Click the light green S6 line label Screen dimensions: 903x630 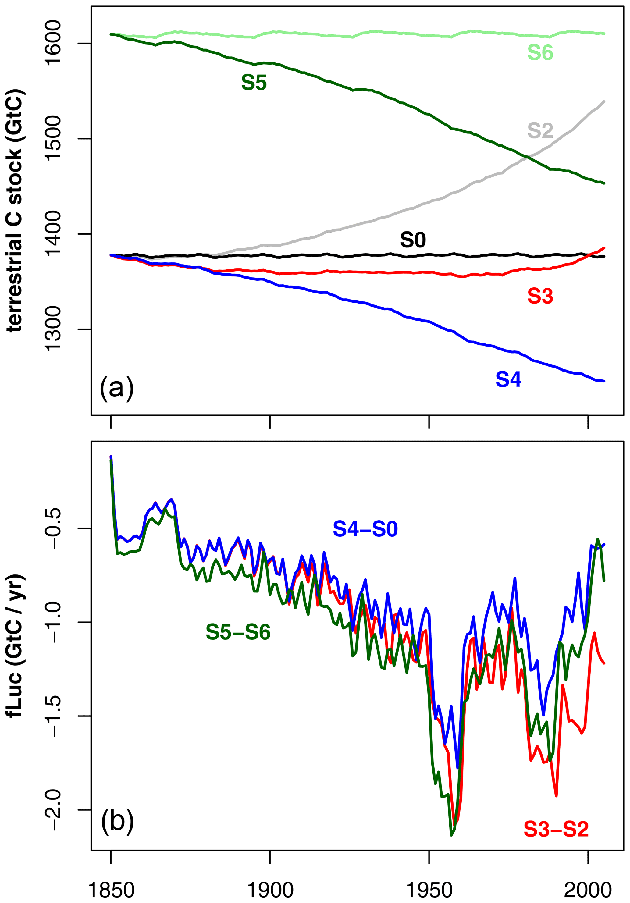(x=540, y=52)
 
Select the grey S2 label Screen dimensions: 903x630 (x=540, y=130)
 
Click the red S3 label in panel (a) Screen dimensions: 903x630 (x=540, y=296)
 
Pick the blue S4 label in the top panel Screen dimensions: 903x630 (x=508, y=379)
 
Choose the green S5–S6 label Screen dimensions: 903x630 (x=238, y=632)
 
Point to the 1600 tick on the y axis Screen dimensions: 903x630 (x=53, y=43)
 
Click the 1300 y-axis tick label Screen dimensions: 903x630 (x=53, y=329)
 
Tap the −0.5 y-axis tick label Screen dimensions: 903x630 (x=53, y=528)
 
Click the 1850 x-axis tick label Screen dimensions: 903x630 (x=111, y=890)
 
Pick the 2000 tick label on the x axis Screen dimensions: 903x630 (x=588, y=890)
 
